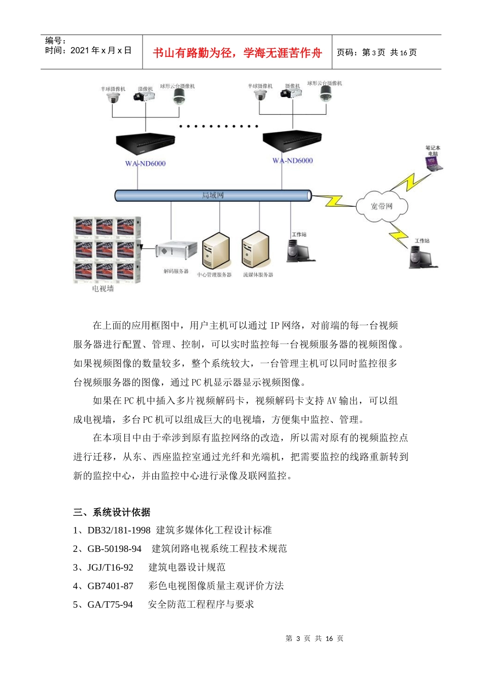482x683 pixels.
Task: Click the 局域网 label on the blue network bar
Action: [x=213, y=195]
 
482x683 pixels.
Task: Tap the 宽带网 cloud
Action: [x=382, y=206]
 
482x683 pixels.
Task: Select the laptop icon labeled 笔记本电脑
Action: [x=433, y=163]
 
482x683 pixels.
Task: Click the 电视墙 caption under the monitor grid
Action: [x=103, y=289]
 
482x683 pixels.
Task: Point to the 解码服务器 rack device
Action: [x=176, y=251]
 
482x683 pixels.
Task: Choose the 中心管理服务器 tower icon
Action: [x=216, y=251]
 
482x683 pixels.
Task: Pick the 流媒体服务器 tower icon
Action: [x=255, y=250]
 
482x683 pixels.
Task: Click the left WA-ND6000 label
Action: [x=146, y=164]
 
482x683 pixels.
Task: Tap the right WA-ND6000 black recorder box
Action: [x=292, y=142]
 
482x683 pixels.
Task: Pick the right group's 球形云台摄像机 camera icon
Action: [x=325, y=93]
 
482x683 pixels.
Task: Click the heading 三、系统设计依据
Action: [x=112, y=512]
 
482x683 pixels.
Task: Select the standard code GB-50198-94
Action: [x=114, y=549]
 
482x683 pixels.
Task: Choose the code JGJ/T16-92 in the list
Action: [x=110, y=567]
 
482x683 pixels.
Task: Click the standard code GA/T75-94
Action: [x=110, y=605]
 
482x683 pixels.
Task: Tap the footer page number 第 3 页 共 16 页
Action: [x=315, y=639]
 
